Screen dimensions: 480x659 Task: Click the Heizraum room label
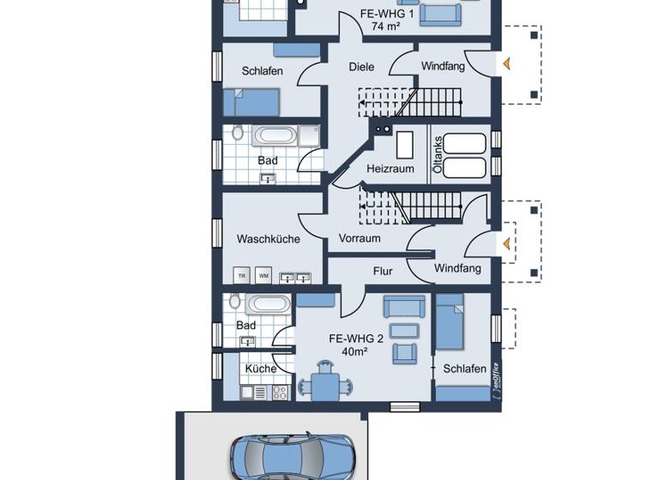(390, 169)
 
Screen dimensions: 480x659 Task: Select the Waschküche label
(269, 239)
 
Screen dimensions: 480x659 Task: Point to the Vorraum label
(359, 238)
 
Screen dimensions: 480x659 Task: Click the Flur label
(383, 271)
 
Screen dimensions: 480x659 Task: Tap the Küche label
(261, 369)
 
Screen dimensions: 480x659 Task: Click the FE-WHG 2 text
(355, 338)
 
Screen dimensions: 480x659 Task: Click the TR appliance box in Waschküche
(242, 275)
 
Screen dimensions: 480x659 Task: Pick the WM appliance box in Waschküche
(264, 275)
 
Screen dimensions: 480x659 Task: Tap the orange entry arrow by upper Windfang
(506, 63)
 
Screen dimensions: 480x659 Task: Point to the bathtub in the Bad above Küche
(269, 304)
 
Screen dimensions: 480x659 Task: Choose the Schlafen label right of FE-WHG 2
(465, 369)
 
